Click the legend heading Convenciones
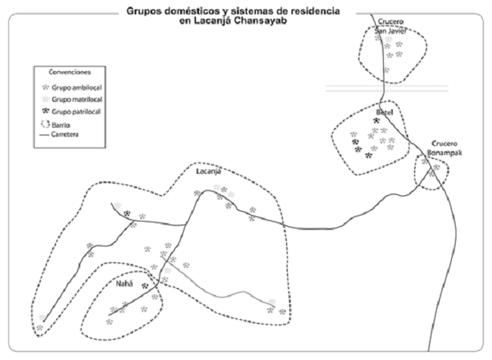[70, 73]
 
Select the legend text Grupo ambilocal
[74, 87]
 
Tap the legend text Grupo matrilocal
[76, 99]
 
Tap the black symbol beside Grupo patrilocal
[45, 111]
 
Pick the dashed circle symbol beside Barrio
[44, 123]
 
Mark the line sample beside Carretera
[43, 134]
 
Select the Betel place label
[385, 112]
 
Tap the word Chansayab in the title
[269, 22]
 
